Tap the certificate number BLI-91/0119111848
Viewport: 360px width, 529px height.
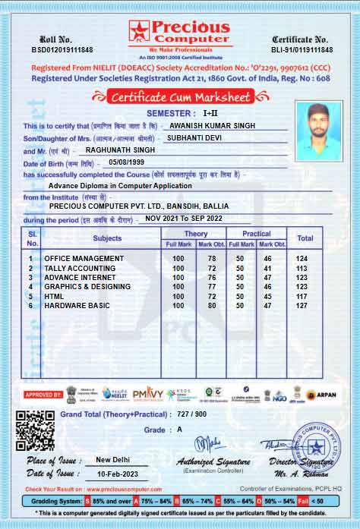(x=300, y=49)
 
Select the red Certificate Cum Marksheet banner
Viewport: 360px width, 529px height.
(x=179, y=96)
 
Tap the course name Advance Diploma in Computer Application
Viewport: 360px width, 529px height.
(x=120, y=185)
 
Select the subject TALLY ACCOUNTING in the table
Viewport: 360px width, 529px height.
(x=80, y=269)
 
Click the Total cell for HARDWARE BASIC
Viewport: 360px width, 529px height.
(x=305, y=305)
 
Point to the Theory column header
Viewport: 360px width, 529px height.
(x=195, y=234)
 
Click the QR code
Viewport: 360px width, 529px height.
(x=36, y=430)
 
